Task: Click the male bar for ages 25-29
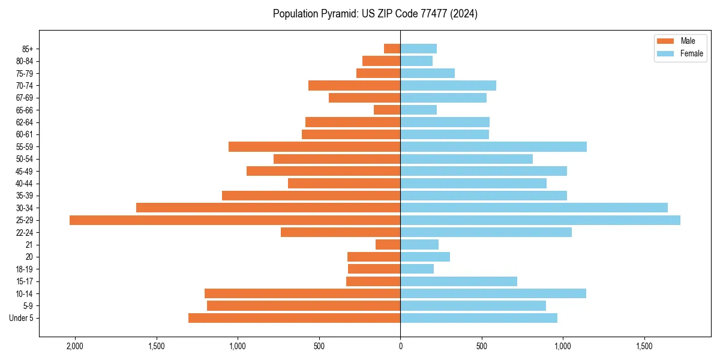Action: click(x=235, y=220)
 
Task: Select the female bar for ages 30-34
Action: click(x=534, y=208)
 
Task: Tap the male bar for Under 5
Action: click(x=294, y=318)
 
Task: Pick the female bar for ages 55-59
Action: click(x=493, y=147)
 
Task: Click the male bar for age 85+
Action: click(x=392, y=49)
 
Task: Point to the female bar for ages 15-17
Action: click(x=458, y=281)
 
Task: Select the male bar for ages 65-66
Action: click(x=387, y=110)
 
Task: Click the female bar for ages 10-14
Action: click(x=493, y=293)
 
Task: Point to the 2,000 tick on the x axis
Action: click(x=75, y=346)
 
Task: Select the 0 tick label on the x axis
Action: click(x=400, y=346)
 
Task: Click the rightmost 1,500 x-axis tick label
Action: click(x=644, y=346)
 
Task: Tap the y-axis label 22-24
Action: click(x=25, y=233)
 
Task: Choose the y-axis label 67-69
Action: click(x=25, y=98)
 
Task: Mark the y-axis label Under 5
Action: click(x=21, y=318)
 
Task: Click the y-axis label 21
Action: click(x=29, y=245)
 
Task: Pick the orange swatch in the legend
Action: click(x=665, y=41)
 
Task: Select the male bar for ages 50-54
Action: click(x=337, y=159)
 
